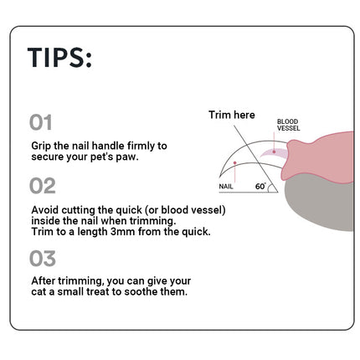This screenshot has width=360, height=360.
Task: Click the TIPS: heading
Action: pyautogui.click(x=59, y=58)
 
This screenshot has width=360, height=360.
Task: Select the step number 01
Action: pyautogui.click(x=41, y=122)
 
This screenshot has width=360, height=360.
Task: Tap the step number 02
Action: pyautogui.click(x=43, y=186)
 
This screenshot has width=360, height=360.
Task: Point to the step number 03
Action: pyautogui.click(x=43, y=259)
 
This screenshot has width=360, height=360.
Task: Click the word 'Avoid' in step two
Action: pyautogui.click(x=45, y=210)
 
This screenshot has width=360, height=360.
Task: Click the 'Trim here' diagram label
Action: pyautogui.click(x=232, y=115)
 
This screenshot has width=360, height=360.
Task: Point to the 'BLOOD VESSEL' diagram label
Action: pyautogui.click(x=289, y=125)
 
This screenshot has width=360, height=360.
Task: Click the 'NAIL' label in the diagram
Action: pyautogui.click(x=226, y=187)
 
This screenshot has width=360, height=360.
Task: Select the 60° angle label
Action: pyautogui.click(x=260, y=186)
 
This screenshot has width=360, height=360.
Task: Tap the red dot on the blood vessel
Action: pyautogui.click(x=274, y=152)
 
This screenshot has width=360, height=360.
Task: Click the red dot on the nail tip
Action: pyautogui.click(x=235, y=162)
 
